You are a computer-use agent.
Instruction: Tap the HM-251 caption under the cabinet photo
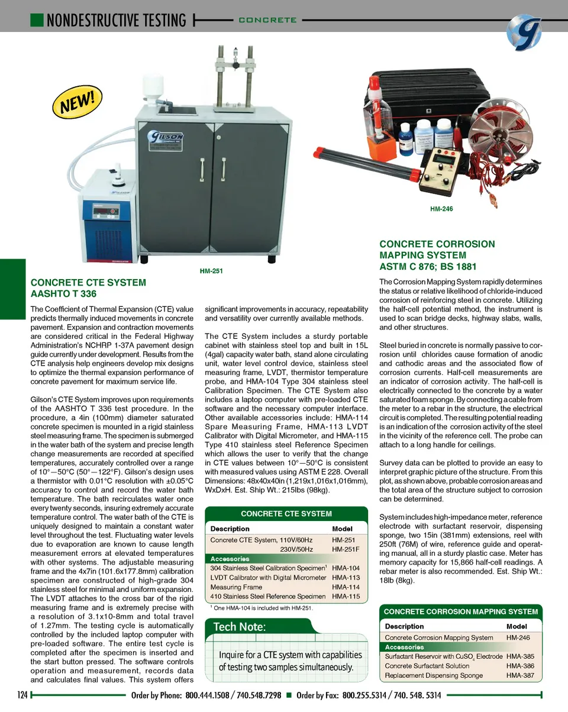coord(211,271)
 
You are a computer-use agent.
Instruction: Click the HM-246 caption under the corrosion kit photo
coord(441,209)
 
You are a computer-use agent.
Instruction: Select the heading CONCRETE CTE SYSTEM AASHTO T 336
coord(88,288)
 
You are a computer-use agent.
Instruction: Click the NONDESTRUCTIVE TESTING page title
coord(116,20)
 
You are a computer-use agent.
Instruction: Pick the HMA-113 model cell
coord(346,578)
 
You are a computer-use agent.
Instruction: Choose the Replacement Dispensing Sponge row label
coord(434,675)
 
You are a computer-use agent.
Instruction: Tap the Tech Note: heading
coord(240,627)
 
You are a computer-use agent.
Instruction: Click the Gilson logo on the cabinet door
coord(167,140)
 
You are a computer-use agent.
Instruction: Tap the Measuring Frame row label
coord(236,587)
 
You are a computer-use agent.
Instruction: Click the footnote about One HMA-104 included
coord(262,608)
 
